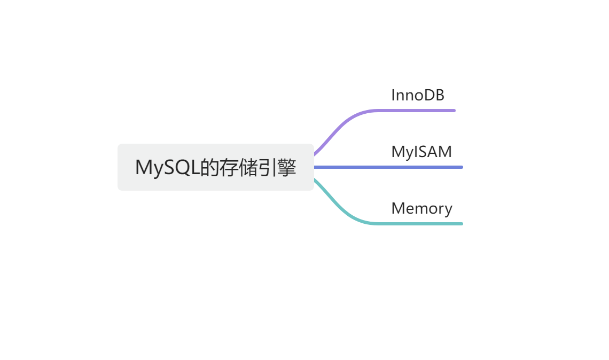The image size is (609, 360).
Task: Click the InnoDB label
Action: pyautogui.click(x=418, y=95)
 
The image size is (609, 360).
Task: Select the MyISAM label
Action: pyautogui.click(x=421, y=152)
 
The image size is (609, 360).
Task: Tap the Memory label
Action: pyautogui.click(x=421, y=208)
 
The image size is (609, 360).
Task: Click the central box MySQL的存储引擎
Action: pyautogui.click(x=215, y=167)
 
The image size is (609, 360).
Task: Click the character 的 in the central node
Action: pyautogui.click(x=209, y=167)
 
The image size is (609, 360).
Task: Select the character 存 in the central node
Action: pyautogui.click(x=231, y=167)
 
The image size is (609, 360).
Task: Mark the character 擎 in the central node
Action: pyautogui.click(x=287, y=167)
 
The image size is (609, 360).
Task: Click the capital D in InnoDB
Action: pyautogui.click(x=428, y=95)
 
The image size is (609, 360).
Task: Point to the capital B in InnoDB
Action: pyautogui.click(x=439, y=95)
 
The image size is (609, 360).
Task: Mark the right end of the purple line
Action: pyautogui.click(x=454, y=111)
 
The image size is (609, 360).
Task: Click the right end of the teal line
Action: pyautogui.click(x=460, y=223)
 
